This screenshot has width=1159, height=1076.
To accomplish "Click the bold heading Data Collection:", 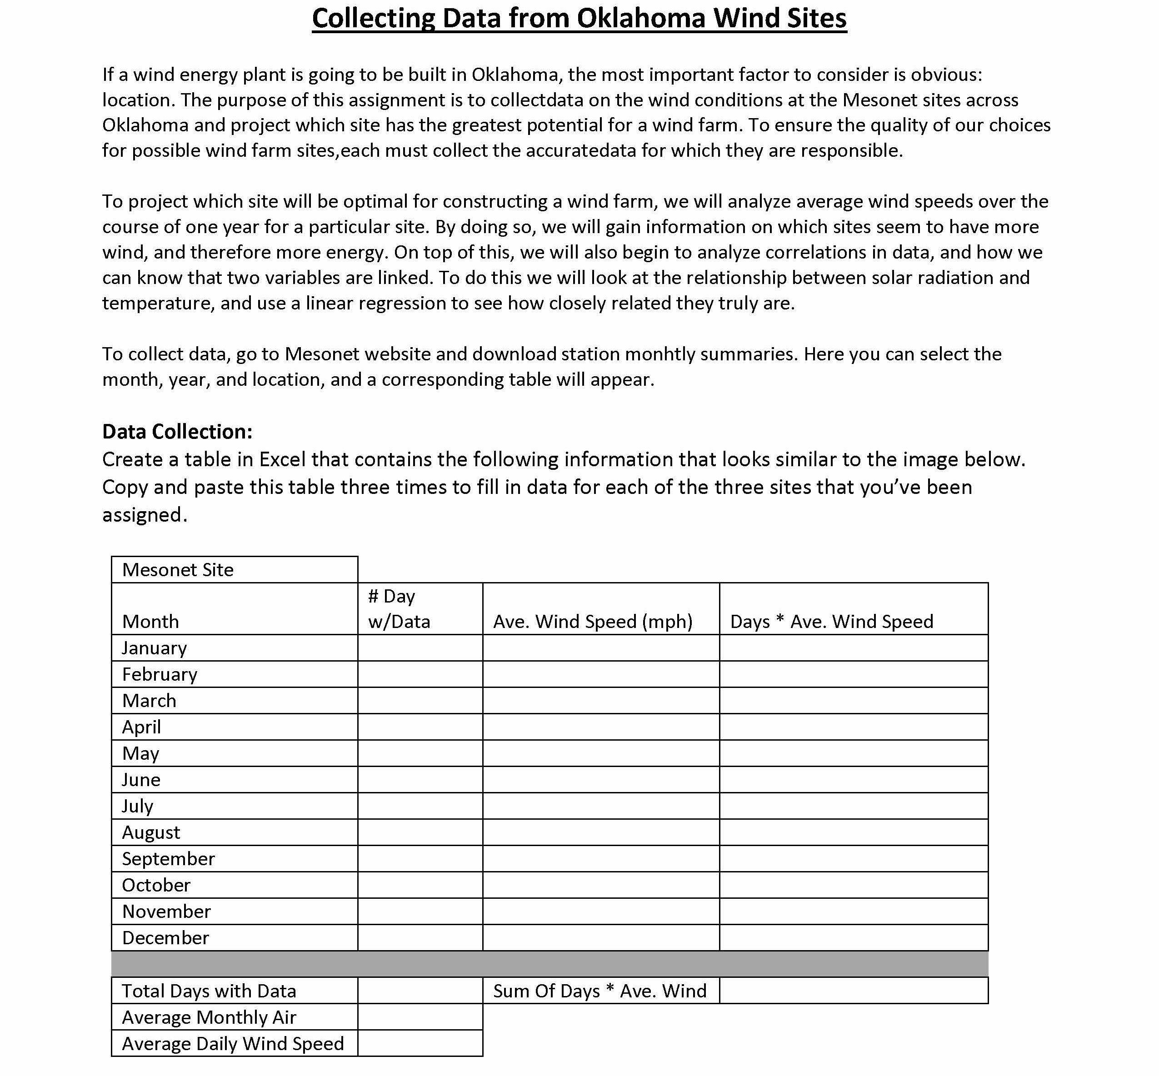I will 177,432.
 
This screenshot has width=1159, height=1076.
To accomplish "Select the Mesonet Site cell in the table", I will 178,569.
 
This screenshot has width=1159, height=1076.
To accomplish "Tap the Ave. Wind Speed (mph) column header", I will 592,621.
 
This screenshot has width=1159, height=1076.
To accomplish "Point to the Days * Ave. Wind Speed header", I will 831,621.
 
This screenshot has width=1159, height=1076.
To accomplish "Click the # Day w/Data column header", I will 399,608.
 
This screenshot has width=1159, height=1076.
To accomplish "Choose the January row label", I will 155,648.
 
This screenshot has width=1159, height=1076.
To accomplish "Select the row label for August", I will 151,832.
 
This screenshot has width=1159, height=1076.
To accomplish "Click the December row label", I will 165,937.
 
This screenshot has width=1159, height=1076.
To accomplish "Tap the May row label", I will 140,753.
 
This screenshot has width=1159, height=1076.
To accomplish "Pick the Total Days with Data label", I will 209,991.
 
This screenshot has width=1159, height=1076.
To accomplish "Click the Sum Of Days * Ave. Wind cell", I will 599,991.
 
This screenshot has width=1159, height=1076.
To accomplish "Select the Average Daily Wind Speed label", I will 232,1043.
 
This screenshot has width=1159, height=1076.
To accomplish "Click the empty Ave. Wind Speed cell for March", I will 600,701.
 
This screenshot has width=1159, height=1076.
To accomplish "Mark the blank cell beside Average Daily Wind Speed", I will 420,1043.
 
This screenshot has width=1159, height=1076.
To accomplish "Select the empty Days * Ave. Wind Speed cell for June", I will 853,780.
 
